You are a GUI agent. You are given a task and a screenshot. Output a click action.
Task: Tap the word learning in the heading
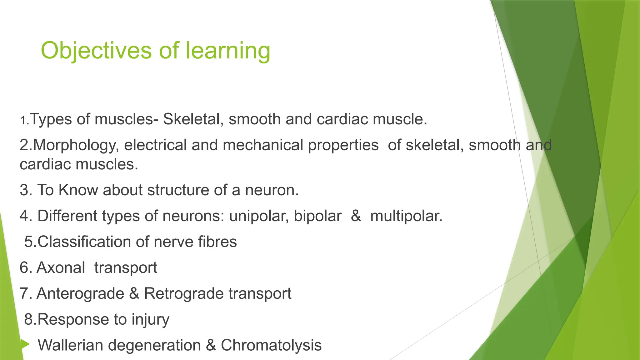(228, 51)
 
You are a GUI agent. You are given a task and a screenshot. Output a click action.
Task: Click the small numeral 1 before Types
(23, 120)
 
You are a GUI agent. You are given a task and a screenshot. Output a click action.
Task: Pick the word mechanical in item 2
(263, 145)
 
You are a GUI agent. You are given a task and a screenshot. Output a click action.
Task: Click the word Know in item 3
(78, 190)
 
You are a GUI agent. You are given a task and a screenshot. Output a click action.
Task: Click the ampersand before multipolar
(356, 216)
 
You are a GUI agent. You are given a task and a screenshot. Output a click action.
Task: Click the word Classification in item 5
(93, 242)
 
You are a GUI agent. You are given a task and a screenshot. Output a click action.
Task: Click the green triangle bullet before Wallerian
(25, 345)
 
